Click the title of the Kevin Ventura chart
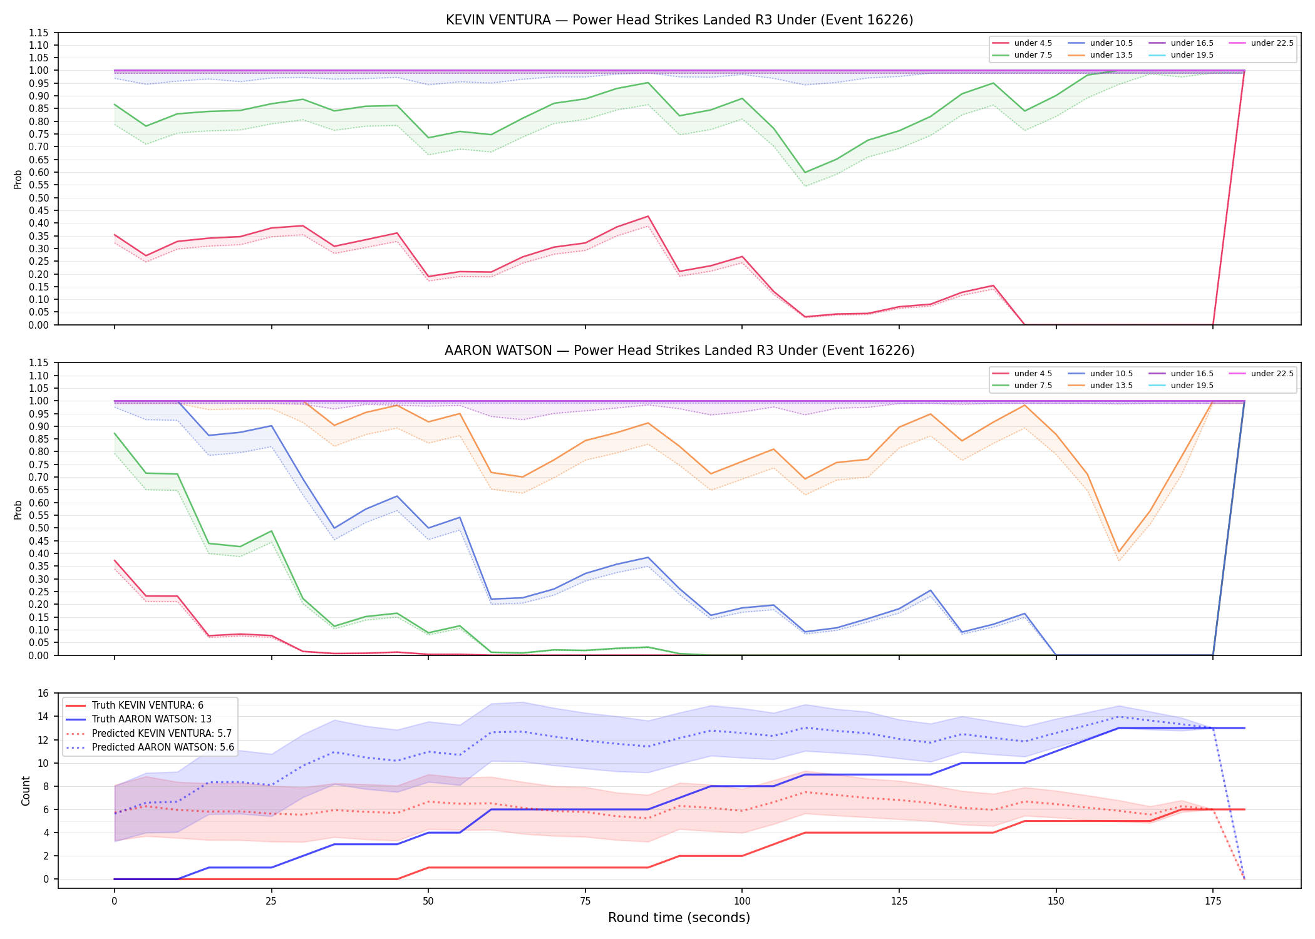[x=679, y=20]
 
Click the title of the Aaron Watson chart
[x=679, y=351]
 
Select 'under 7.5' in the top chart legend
[x=1033, y=55]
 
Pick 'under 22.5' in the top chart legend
[x=1272, y=43]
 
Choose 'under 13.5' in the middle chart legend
[x=1111, y=386]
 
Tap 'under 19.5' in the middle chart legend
[x=1192, y=386]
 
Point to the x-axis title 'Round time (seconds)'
[x=679, y=918]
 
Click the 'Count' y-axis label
[x=26, y=791]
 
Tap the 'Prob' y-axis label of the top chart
[x=18, y=179]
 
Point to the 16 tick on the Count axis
[x=43, y=693]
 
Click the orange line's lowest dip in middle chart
[x=1119, y=552]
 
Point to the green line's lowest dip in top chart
[x=805, y=172]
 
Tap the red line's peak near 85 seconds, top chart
[x=648, y=217]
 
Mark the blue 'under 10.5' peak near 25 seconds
[x=271, y=426]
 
